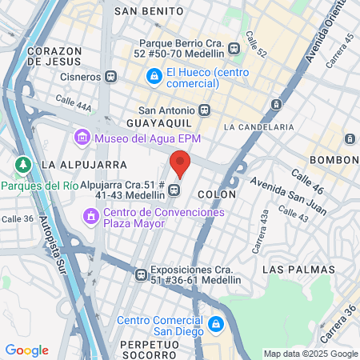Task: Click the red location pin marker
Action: coord(180,163)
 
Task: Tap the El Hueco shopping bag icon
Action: coord(153,76)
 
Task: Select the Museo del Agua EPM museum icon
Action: coord(82,138)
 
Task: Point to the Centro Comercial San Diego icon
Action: coord(214,324)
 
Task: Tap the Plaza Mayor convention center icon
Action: coord(90,216)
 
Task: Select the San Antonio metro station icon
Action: coord(204,110)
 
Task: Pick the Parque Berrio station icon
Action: coord(234,47)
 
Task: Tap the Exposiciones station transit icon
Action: coord(141,274)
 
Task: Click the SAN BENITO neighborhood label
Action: coord(146,12)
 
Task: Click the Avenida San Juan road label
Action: coord(278,197)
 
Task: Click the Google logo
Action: coord(26,350)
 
